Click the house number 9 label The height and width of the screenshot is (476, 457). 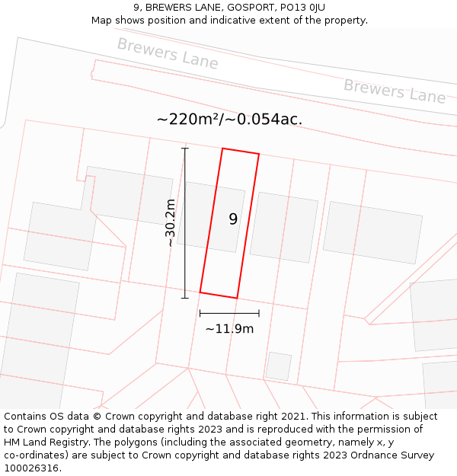(233, 219)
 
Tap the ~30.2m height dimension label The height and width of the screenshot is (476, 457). (171, 222)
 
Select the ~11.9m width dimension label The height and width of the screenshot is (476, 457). (229, 329)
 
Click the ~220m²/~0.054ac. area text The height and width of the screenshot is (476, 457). (229, 120)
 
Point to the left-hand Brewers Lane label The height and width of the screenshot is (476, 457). (167, 53)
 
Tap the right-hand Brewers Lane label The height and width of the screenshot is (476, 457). (394, 91)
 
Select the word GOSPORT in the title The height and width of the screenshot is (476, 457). (234, 7)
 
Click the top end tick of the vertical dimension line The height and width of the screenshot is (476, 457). (184, 149)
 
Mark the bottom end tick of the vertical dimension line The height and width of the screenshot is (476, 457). (184, 298)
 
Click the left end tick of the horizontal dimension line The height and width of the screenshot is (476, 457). (200, 313)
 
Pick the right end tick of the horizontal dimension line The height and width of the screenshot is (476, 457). (259, 313)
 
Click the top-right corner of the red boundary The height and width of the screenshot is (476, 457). (259, 155)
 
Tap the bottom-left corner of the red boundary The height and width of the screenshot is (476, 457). (200, 292)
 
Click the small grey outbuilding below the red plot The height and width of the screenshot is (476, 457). (279, 366)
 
